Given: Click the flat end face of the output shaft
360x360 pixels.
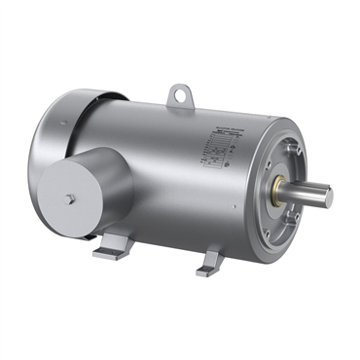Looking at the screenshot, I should point(328,197).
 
